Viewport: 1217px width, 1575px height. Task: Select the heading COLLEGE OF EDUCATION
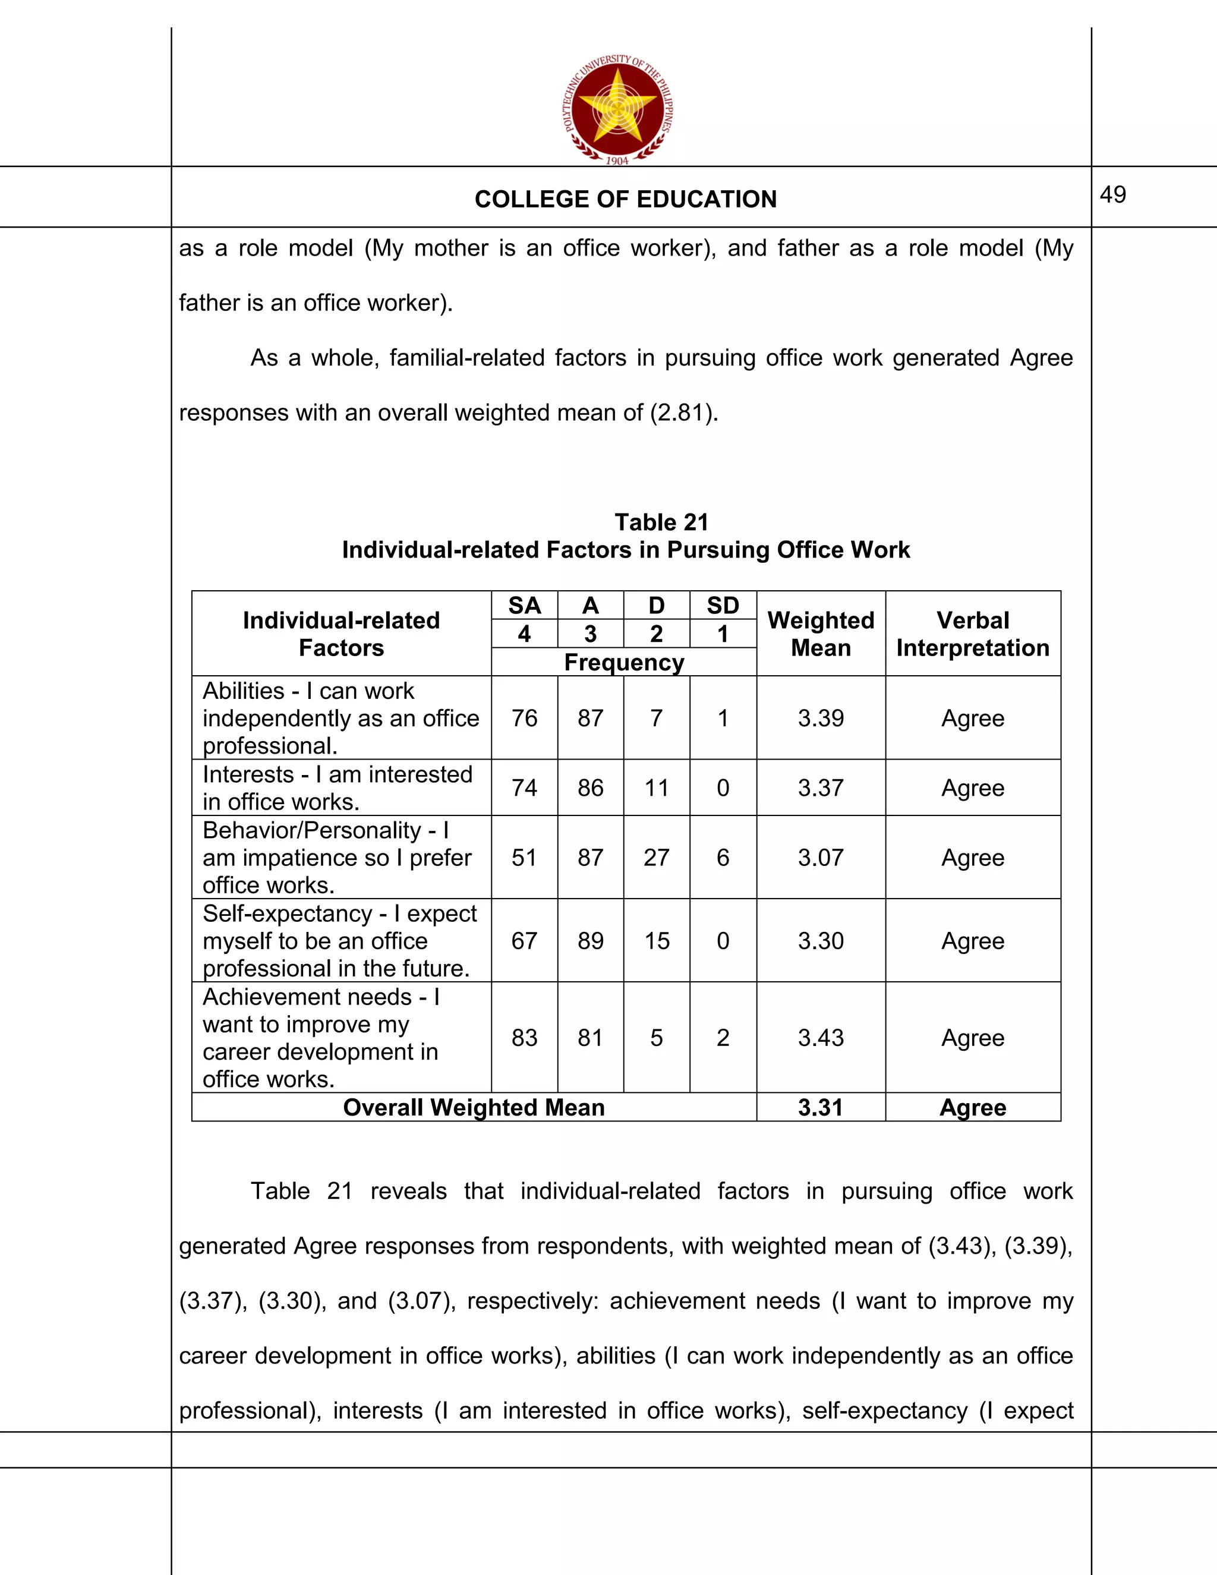pos(625,199)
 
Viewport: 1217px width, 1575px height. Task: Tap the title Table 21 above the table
pos(661,521)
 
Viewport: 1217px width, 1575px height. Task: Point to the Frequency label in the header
pos(623,662)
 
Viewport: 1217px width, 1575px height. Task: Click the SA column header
pos(524,605)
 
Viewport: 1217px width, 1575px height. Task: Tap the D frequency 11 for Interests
pos(656,787)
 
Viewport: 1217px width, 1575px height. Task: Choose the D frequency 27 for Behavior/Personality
pos(656,858)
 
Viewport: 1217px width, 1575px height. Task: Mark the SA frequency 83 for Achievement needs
pos(524,1037)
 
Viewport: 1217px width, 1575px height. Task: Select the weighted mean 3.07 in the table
pos(821,858)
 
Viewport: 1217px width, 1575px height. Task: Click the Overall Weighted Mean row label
pos(474,1107)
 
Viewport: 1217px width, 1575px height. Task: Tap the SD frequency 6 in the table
pos(723,858)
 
